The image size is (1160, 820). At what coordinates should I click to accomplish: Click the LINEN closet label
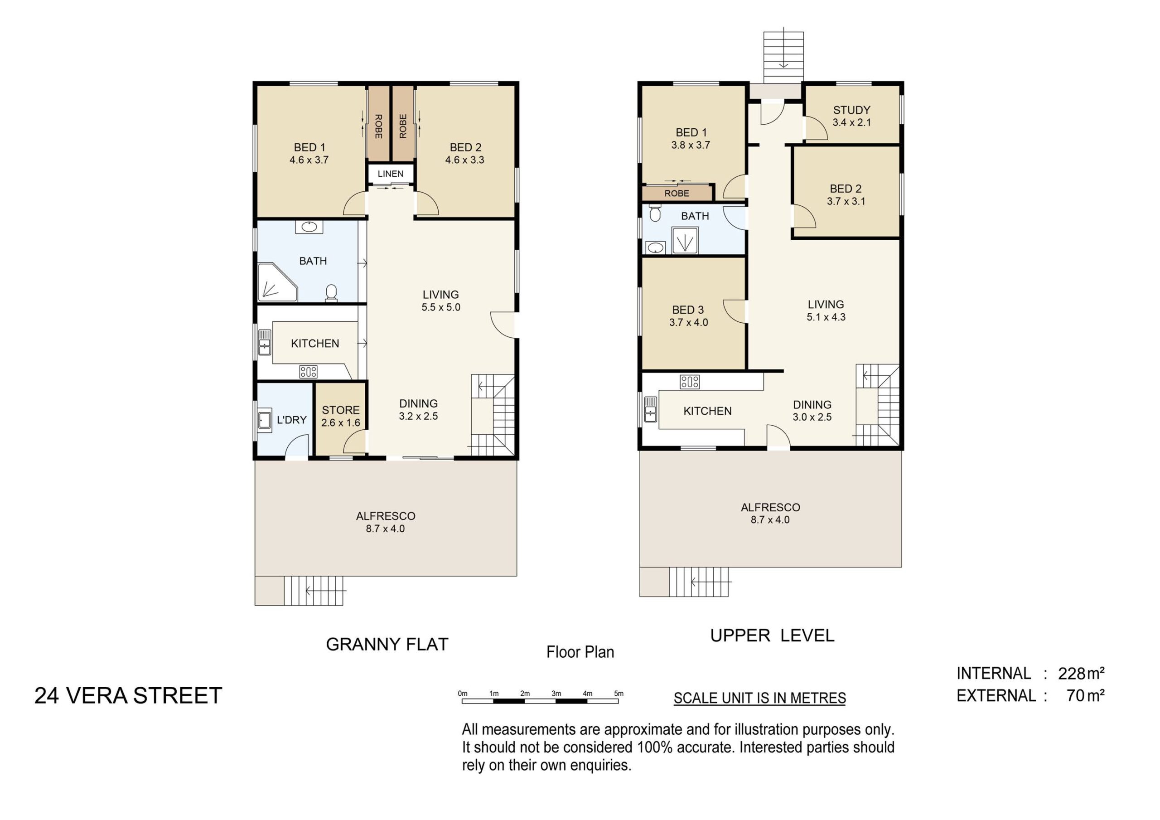(x=391, y=174)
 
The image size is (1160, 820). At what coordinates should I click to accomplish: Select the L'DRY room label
(x=291, y=420)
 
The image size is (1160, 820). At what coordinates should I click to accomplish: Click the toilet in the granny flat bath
(x=331, y=293)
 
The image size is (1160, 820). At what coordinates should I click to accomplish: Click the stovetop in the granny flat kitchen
(x=308, y=372)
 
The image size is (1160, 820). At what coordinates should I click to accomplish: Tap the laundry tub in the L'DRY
(x=265, y=420)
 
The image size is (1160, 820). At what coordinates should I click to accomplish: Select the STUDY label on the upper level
(x=852, y=110)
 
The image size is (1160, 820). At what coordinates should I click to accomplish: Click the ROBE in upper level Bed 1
(x=677, y=193)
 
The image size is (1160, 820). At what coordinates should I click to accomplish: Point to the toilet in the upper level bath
(x=655, y=213)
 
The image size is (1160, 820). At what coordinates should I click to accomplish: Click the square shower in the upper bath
(x=685, y=240)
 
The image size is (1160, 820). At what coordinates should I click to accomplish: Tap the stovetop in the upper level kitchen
(x=690, y=382)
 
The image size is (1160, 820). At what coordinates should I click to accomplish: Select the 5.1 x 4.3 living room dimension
(x=826, y=317)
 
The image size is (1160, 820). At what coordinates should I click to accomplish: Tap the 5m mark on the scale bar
(x=619, y=694)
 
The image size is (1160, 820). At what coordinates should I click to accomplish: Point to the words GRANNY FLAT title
(x=387, y=644)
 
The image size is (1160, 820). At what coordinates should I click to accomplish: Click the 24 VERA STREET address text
(x=128, y=696)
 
